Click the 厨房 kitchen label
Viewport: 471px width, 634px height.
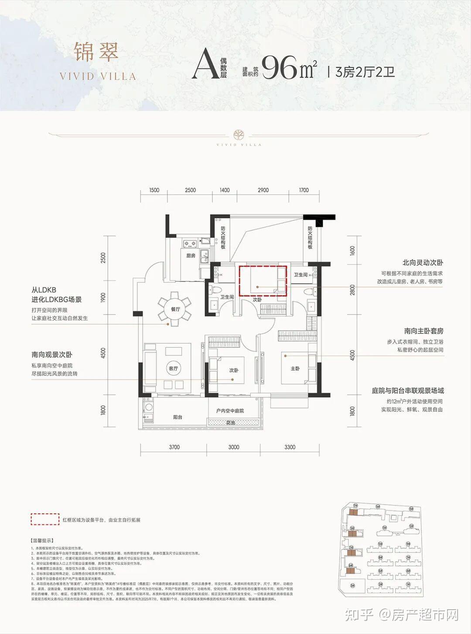click(191, 256)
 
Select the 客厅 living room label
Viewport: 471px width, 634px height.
click(174, 369)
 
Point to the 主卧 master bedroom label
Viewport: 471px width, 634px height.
click(295, 369)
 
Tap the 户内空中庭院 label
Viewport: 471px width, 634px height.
click(230, 410)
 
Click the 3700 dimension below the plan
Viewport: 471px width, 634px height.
click(174, 447)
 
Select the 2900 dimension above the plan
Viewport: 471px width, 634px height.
click(263, 190)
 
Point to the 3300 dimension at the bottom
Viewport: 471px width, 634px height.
click(290, 447)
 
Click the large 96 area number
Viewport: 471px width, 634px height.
click(280, 68)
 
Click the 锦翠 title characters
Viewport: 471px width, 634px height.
click(96, 52)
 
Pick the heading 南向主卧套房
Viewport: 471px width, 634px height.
click(423, 331)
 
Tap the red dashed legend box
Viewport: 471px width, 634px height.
click(44, 519)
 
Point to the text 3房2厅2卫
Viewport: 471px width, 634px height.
click(365, 71)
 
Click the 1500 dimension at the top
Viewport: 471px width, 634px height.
click(154, 190)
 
